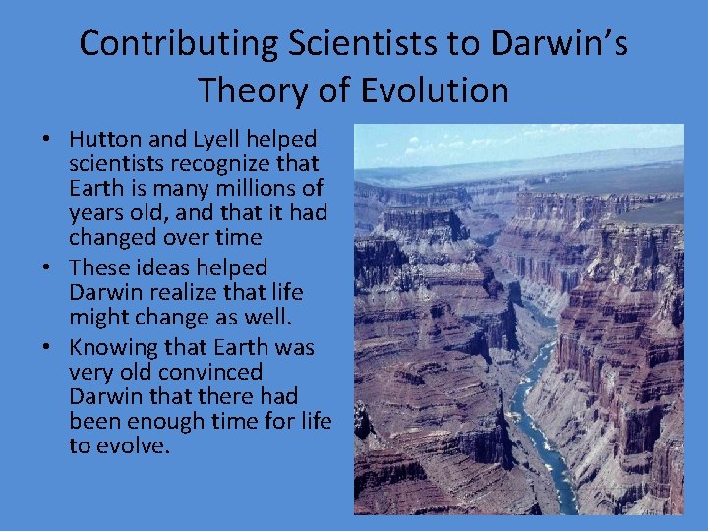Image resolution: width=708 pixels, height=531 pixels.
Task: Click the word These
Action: click(98, 267)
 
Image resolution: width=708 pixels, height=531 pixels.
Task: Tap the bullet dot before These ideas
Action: click(48, 268)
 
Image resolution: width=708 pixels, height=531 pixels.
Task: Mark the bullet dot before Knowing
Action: click(48, 348)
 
